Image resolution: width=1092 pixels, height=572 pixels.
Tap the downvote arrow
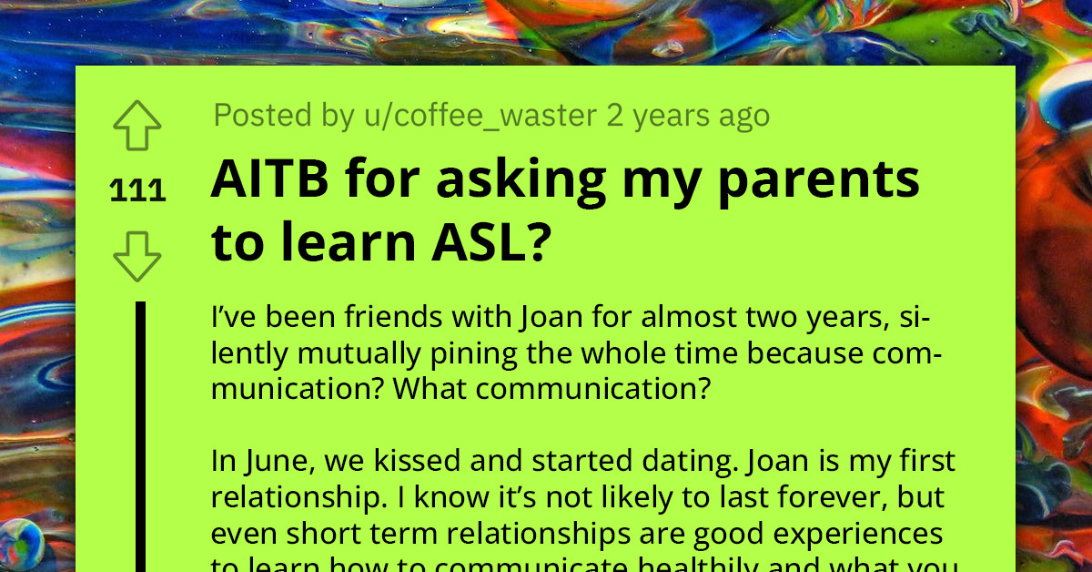pos(137,256)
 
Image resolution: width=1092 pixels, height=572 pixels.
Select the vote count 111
pos(137,191)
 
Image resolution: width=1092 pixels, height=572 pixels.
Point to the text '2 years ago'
pos(688,116)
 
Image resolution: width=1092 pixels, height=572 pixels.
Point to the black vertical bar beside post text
pos(141,437)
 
